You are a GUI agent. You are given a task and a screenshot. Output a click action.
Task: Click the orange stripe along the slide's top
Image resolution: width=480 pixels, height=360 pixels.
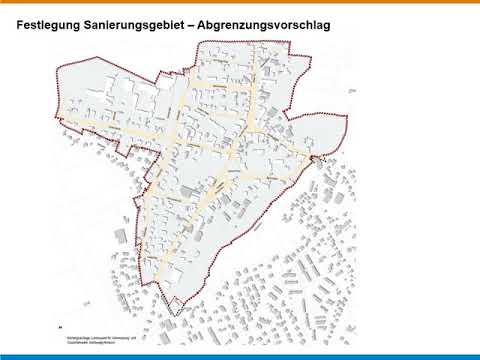(x=240, y=2)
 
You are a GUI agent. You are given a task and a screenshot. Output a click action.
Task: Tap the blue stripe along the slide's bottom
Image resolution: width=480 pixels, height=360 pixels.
(x=240, y=356)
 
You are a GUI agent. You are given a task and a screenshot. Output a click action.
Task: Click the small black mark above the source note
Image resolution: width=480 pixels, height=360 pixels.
(x=63, y=326)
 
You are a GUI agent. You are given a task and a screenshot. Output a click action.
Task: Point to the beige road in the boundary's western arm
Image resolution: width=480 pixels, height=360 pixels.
(x=100, y=127)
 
